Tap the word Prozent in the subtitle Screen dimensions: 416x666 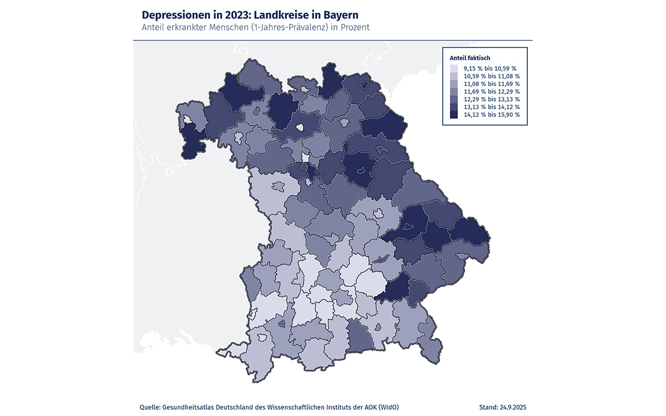point(354,27)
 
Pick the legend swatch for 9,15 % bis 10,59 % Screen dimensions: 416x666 point(453,68)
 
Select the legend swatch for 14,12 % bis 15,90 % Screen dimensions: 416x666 point(453,115)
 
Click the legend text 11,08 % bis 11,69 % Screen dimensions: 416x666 point(492,84)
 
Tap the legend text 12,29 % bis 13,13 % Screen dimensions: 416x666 point(492,99)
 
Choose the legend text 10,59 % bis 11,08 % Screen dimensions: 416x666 point(492,76)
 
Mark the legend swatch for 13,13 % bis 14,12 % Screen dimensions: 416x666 point(453,107)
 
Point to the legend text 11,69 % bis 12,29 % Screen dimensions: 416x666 point(492,92)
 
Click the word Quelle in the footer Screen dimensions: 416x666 point(150,408)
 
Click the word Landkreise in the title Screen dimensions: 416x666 point(281,14)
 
